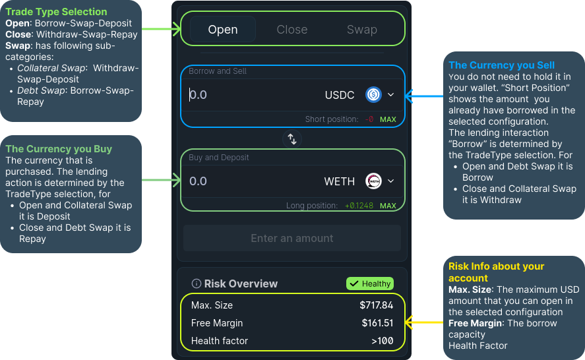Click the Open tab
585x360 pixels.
pyautogui.click(x=223, y=30)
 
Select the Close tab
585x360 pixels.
pyautogui.click(x=292, y=30)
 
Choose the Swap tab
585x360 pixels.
pyautogui.click(x=362, y=30)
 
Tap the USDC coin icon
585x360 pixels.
pyautogui.click(x=374, y=95)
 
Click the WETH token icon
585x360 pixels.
pyautogui.click(x=374, y=181)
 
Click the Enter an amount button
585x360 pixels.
pyautogui.click(x=292, y=238)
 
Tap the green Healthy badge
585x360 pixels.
pyautogui.click(x=370, y=284)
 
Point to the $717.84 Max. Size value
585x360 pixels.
pyautogui.click(x=376, y=305)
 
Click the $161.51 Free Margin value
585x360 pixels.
pyautogui.click(x=377, y=323)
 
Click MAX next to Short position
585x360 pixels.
pyautogui.click(x=388, y=119)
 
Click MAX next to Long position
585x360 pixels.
pyautogui.click(x=388, y=206)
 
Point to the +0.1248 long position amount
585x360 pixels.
pyautogui.click(x=359, y=206)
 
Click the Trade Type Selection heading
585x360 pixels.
pyautogui.click(x=56, y=12)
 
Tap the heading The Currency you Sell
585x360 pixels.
pyautogui.click(x=501, y=65)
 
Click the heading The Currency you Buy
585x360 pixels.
pyautogui.click(x=59, y=149)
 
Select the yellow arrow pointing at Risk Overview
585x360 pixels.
pyautogui.click(x=425, y=323)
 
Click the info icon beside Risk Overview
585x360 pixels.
pyautogui.click(x=196, y=284)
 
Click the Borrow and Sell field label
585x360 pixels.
pyautogui.click(x=218, y=71)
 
